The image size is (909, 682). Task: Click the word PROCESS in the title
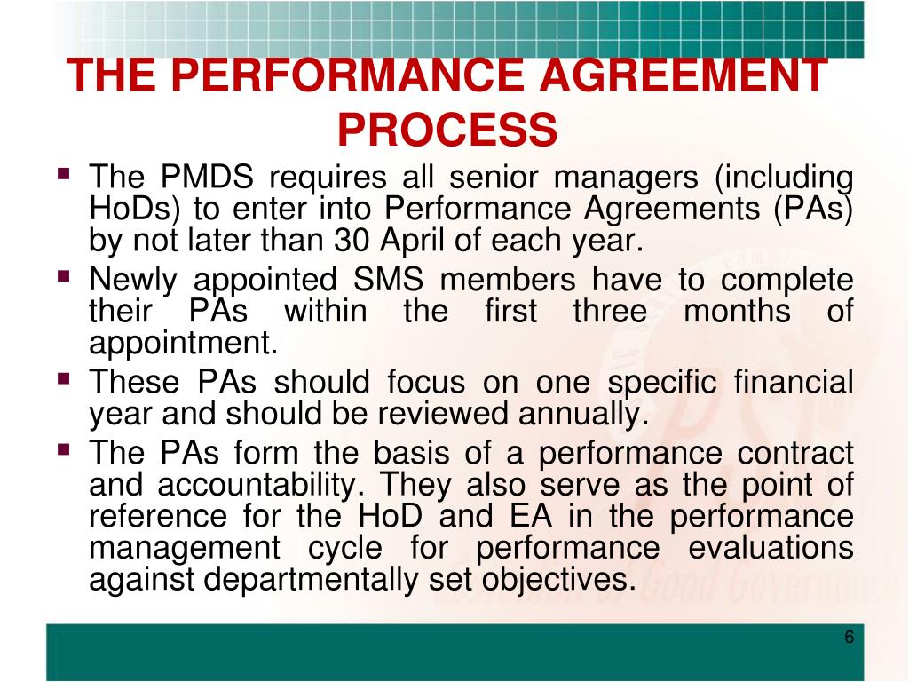click(447, 130)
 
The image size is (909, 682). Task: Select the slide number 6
click(849, 638)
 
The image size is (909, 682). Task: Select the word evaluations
click(771, 548)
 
